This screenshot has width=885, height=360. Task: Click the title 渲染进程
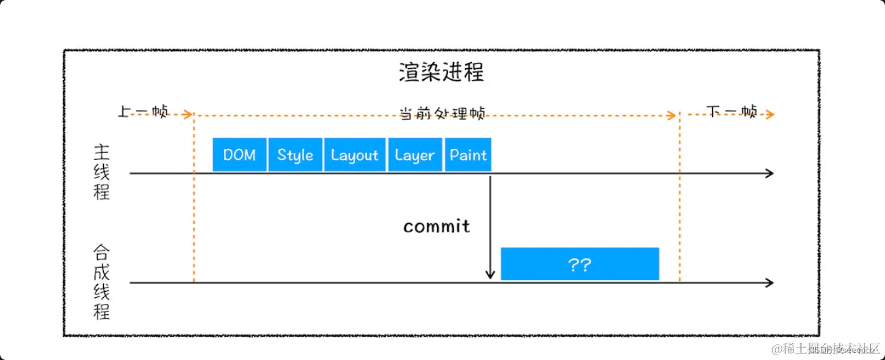click(441, 72)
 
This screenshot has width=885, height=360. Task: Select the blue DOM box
click(239, 154)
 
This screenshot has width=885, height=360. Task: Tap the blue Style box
click(295, 154)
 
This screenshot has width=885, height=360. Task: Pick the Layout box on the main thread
click(354, 154)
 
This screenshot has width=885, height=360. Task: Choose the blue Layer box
click(415, 154)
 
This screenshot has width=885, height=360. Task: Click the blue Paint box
click(468, 154)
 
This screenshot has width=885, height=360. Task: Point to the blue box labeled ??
click(579, 264)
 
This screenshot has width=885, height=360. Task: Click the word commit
click(436, 226)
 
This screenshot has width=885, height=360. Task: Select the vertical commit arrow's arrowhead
click(490, 275)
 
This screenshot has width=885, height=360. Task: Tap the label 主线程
click(101, 171)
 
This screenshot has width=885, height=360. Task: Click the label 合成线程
click(101, 282)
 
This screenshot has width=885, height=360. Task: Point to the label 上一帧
click(143, 112)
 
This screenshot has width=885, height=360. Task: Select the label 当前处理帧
click(442, 113)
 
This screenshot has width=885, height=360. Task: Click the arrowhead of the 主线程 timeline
click(770, 174)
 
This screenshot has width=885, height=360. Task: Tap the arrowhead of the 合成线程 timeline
click(770, 283)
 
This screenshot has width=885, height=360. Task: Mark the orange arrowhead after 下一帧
click(770, 115)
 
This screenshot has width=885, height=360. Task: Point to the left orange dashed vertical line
click(194, 205)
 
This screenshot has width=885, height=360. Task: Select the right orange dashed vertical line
click(679, 205)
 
